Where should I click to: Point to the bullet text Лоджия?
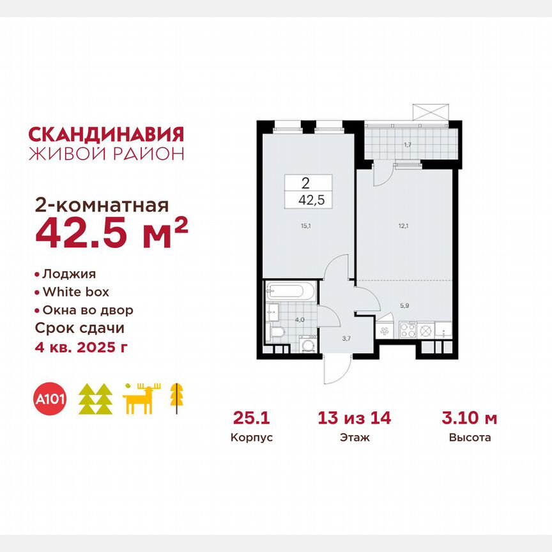tap(69, 274)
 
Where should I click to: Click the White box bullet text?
tap(76, 292)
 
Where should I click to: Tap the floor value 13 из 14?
tap(355, 419)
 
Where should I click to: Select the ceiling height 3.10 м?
tap(470, 419)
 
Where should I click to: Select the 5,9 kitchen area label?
tap(404, 305)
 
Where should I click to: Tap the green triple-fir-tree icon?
tap(95, 399)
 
